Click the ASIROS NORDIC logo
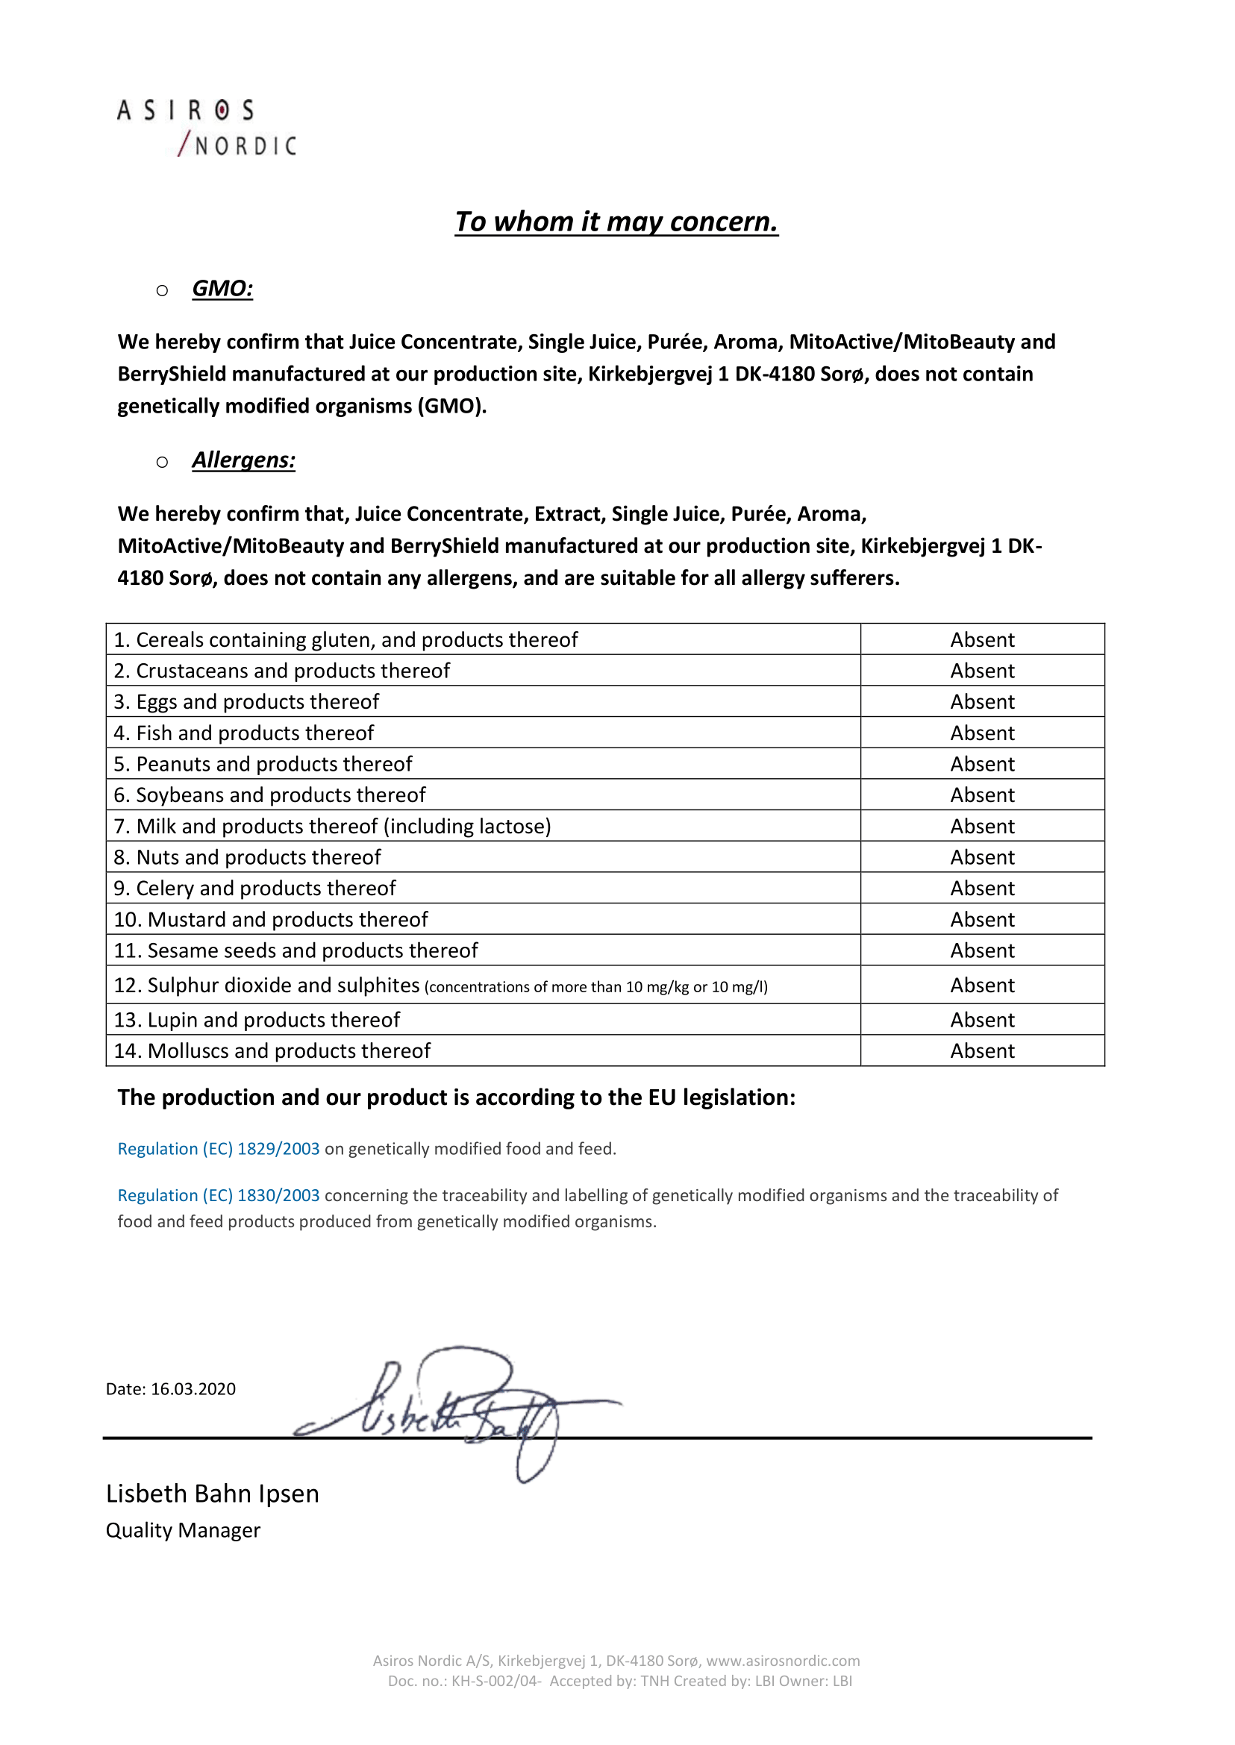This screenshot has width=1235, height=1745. [x=206, y=128]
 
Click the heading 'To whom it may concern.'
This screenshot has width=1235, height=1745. [x=616, y=222]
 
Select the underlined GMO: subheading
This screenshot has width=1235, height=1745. [x=222, y=289]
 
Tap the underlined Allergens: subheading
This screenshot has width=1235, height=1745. [x=243, y=460]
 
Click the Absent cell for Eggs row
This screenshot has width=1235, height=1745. [x=982, y=702]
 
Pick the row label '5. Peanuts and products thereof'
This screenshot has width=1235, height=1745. [x=263, y=764]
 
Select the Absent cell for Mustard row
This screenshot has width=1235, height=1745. [x=982, y=920]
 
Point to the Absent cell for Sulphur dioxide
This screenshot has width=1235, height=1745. [x=982, y=986]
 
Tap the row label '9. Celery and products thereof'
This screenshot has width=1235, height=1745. [x=254, y=889]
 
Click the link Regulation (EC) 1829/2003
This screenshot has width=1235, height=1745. [x=218, y=1149]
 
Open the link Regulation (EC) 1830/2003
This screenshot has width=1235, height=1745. [x=218, y=1195]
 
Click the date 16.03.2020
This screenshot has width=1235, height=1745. [x=193, y=1389]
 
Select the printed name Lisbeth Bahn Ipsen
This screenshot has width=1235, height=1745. [x=212, y=1494]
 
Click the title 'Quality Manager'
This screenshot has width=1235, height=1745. [x=183, y=1531]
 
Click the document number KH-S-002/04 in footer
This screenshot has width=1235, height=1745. [x=495, y=1681]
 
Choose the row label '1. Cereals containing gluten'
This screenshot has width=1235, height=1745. [x=346, y=640]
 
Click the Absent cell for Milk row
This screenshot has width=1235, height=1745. [x=982, y=827]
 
